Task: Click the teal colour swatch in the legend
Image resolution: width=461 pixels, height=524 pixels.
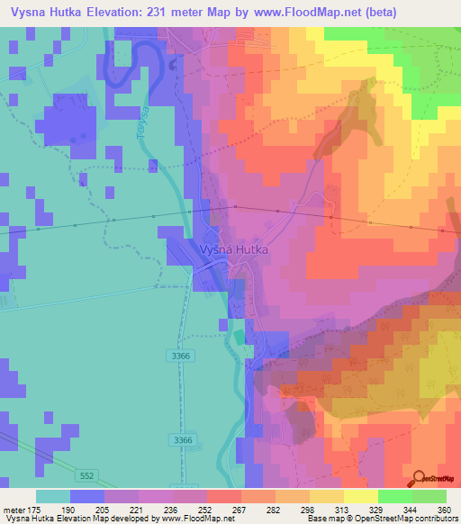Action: click(53, 496)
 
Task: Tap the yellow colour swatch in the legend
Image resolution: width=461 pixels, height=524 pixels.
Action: click(360, 496)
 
